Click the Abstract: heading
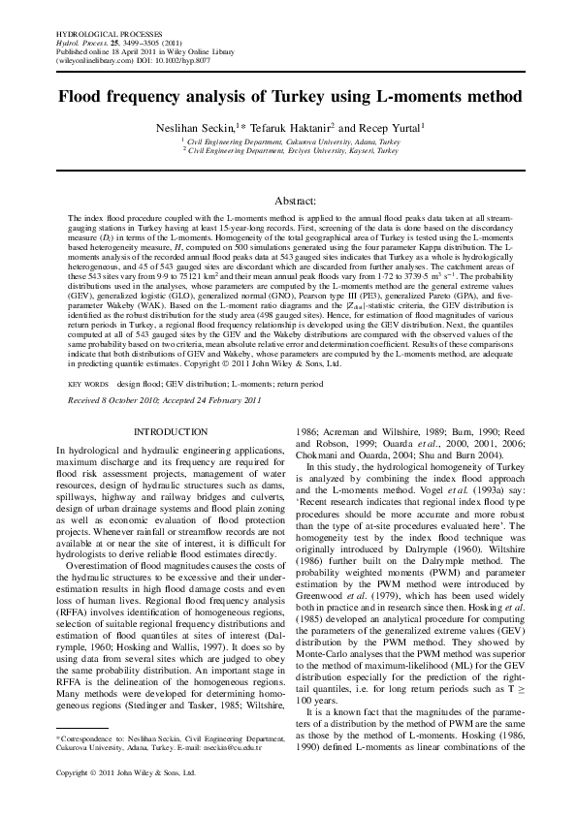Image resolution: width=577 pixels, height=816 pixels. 289,200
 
